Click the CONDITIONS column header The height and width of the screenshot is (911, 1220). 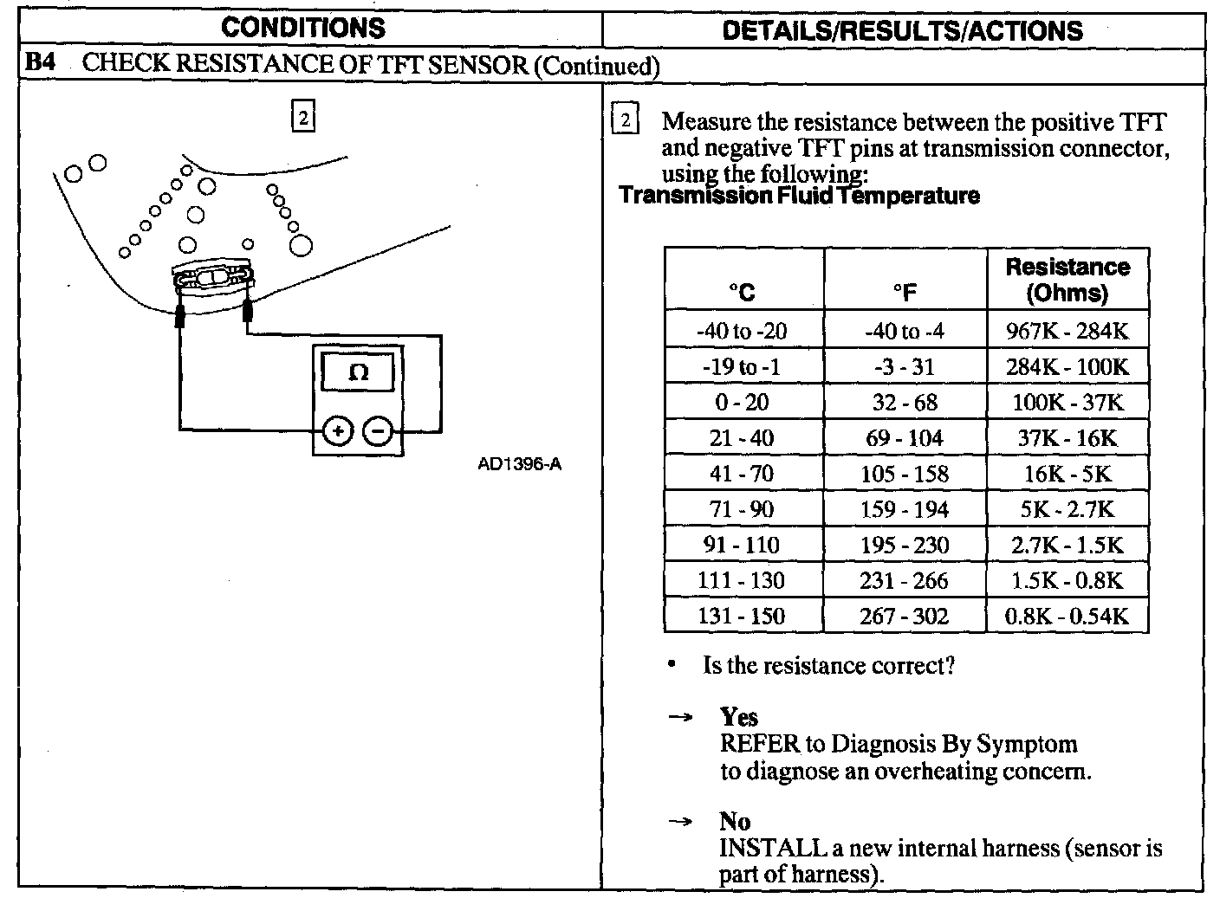[302, 28]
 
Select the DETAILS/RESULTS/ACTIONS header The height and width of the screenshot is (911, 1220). [902, 31]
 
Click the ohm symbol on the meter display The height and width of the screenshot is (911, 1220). [357, 373]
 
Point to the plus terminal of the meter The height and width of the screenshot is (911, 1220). [339, 430]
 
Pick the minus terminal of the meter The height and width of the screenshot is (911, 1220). [378, 430]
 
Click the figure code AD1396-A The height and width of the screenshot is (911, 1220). [519, 464]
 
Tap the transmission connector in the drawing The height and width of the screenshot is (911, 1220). [212, 277]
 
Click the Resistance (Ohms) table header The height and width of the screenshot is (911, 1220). [1067, 279]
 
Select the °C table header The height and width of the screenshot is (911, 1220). [743, 293]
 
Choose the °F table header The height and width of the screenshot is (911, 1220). [905, 293]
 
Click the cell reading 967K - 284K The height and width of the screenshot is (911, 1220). [1067, 331]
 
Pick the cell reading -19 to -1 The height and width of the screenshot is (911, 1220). [742, 366]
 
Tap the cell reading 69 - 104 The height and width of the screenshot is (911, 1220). [905, 438]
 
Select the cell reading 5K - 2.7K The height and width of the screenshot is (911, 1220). [1067, 509]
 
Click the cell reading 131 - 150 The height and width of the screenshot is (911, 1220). [742, 617]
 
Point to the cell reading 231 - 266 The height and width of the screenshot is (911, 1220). [905, 580]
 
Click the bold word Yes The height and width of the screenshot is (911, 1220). [738, 717]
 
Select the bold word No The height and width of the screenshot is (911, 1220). [735, 821]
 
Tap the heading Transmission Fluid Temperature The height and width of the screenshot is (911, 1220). [800, 196]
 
